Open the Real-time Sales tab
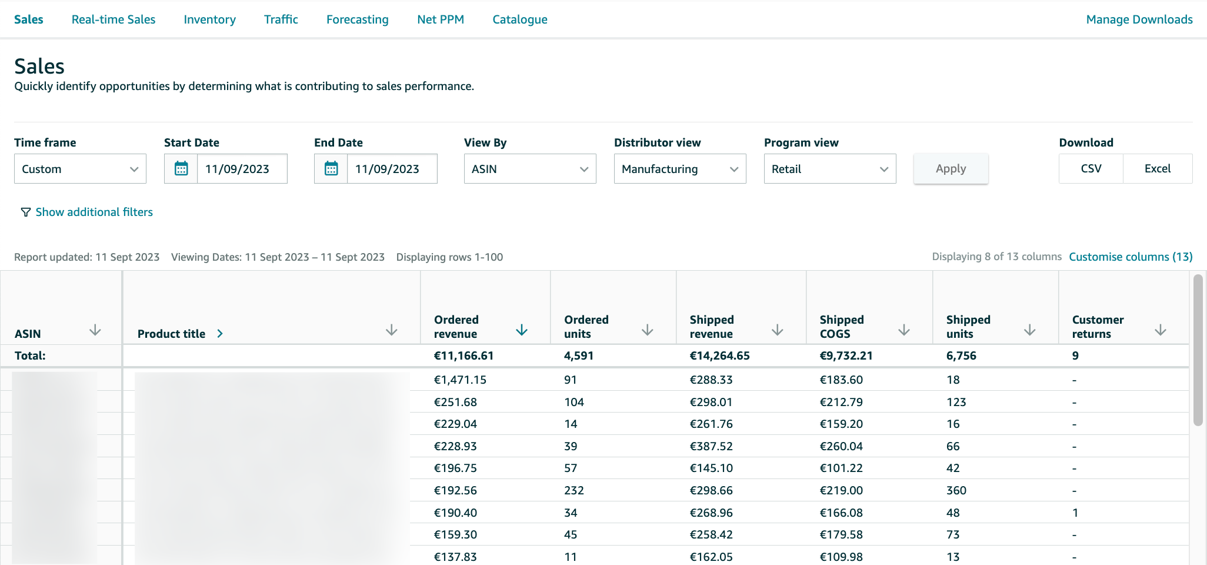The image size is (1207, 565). click(114, 19)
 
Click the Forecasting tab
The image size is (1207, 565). click(357, 19)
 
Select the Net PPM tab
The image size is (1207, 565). click(441, 19)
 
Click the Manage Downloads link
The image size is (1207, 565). click(1139, 19)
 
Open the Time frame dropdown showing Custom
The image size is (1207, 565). click(80, 169)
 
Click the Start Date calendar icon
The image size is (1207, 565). click(181, 169)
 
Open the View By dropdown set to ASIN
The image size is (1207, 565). click(529, 169)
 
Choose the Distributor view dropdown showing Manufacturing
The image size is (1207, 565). click(679, 169)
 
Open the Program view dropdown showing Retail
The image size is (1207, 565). click(829, 169)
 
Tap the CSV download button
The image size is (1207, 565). click(1091, 169)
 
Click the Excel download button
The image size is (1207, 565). click(1157, 169)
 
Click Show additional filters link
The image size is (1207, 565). click(94, 212)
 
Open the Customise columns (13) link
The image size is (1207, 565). click(1131, 257)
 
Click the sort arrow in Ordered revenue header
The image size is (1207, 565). click(521, 330)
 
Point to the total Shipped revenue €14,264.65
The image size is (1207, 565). click(719, 355)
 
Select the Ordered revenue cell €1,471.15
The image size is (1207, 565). click(460, 380)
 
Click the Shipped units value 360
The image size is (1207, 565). click(956, 490)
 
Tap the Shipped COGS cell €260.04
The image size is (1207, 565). click(841, 446)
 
